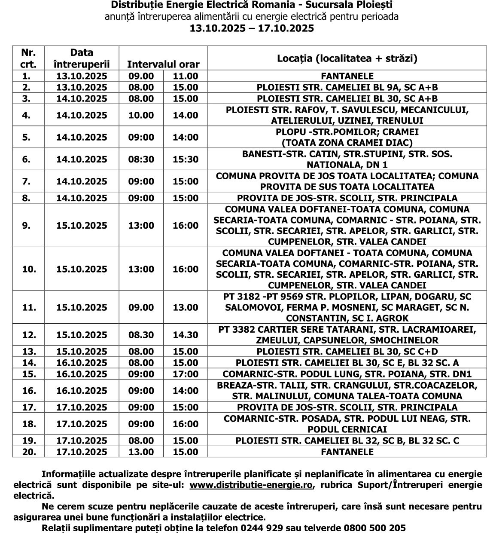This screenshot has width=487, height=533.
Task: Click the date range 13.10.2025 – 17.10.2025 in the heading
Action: point(252,28)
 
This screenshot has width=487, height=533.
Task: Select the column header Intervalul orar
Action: point(163,64)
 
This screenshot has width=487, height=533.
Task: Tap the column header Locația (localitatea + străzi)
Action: point(347,58)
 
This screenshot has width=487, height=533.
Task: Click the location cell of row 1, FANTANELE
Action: point(347,76)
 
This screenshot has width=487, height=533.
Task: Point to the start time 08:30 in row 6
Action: point(141,159)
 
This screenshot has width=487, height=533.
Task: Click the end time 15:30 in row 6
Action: point(186,159)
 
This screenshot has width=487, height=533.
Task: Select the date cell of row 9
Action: point(82,226)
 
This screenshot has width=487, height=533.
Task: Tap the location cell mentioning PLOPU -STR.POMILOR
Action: point(347,138)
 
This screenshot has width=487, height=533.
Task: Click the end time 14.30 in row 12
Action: point(186,335)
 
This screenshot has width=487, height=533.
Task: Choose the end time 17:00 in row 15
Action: point(186,374)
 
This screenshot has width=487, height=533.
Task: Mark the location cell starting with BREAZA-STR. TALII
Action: point(347,391)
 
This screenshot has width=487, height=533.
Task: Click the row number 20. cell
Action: point(29,452)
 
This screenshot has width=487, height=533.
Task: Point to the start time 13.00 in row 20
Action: point(141,452)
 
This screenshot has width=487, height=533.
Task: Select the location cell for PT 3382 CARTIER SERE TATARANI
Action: point(347,335)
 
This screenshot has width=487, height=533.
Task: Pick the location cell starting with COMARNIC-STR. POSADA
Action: point(347,424)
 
